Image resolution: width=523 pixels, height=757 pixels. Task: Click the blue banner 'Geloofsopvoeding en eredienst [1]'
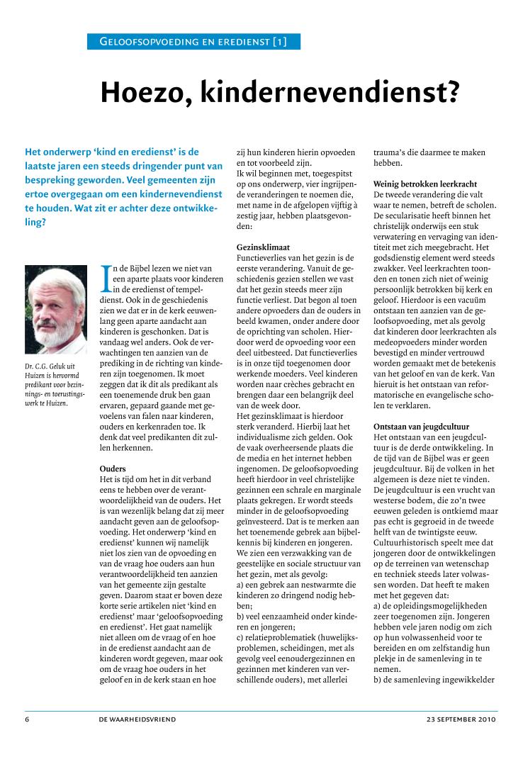click(x=193, y=42)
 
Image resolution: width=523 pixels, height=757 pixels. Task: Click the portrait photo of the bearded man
click(x=55, y=310)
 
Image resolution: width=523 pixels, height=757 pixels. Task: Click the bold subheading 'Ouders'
click(x=113, y=469)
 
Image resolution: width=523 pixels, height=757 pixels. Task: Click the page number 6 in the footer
click(x=28, y=719)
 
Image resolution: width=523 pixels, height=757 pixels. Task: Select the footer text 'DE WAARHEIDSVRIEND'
click(x=137, y=719)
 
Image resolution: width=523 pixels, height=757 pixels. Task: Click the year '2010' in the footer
click(x=487, y=719)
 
